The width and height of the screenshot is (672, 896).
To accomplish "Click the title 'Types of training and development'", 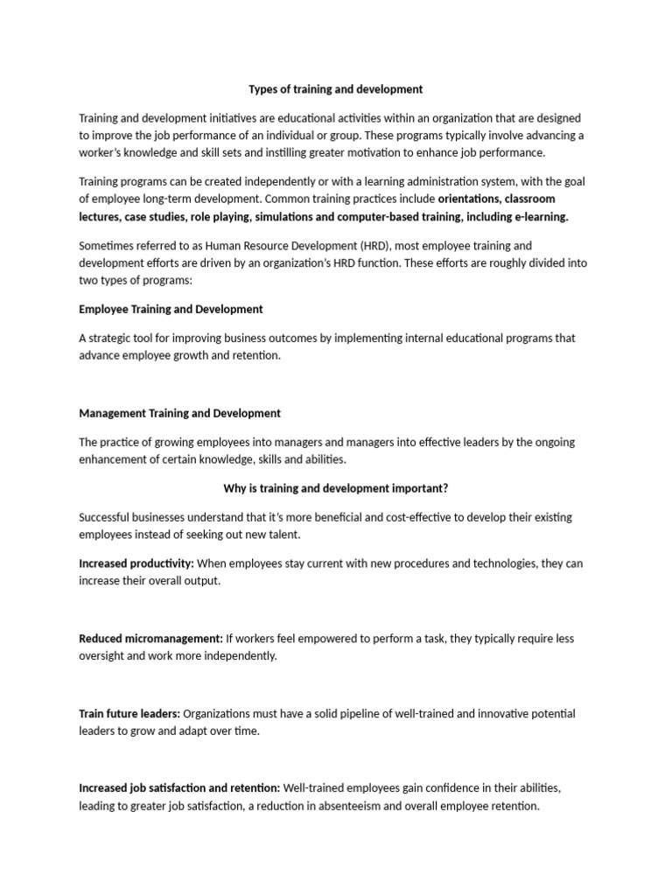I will [336, 89].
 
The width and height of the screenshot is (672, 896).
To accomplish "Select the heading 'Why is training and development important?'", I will [336, 488].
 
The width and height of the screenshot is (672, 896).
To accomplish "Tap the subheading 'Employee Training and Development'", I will [171, 310].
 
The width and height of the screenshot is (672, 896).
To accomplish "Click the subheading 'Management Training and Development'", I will [179, 413].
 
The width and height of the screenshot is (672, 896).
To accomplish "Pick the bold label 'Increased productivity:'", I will [136, 563].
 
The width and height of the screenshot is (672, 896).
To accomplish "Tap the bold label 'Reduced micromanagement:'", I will [151, 639].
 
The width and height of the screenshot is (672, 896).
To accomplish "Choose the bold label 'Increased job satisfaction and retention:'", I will [179, 788].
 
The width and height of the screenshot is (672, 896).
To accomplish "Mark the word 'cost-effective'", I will [381, 517].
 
